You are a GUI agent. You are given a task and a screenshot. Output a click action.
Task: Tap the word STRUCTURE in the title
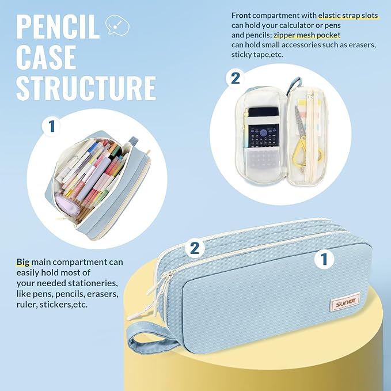[x=86, y=88]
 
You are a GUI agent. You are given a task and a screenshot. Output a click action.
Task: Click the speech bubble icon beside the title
[x=118, y=26]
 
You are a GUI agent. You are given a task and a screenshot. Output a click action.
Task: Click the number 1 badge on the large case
[x=325, y=259]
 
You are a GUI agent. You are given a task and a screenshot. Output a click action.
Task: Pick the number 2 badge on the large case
[x=195, y=248]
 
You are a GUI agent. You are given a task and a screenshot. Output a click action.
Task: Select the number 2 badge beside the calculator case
[x=236, y=78]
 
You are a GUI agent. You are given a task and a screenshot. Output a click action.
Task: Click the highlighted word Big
[x=24, y=262]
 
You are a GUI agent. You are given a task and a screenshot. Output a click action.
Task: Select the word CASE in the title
[x=46, y=57]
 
